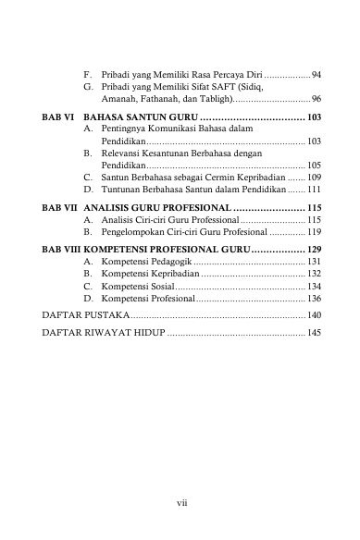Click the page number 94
point(317,73)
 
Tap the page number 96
point(317,98)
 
